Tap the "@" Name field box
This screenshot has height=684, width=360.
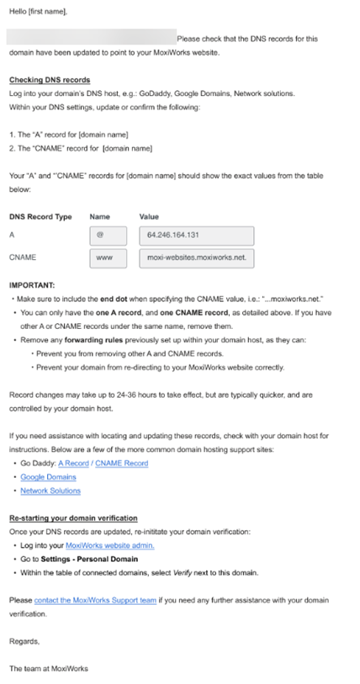pyautogui.click(x=108, y=236)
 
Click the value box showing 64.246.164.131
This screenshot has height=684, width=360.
pyautogui.click(x=195, y=236)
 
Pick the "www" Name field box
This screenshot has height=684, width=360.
pyautogui.click(x=108, y=257)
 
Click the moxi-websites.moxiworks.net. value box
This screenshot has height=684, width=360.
pyautogui.click(x=195, y=257)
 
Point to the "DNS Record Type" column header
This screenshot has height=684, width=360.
pyautogui.click(x=40, y=217)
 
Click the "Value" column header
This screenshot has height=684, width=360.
pyautogui.click(x=149, y=217)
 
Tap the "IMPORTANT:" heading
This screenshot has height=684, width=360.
pyautogui.click(x=32, y=286)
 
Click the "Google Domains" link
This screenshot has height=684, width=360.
pyautogui.click(x=48, y=477)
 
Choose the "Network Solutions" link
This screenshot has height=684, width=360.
pyautogui.click(x=50, y=490)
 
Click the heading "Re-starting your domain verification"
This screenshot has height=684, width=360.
pyautogui.click(x=73, y=517)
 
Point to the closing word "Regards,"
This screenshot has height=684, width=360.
pyautogui.click(x=24, y=641)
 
